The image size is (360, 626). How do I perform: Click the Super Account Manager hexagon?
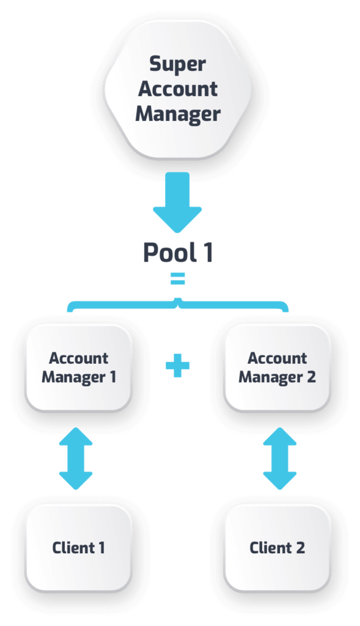(x=177, y=89)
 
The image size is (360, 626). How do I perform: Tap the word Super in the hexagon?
(x=178, y=64)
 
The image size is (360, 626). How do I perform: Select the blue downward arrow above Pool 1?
(x=177, y=202)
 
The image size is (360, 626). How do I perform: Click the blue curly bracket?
(x=177, y=304)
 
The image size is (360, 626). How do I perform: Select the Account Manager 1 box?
(x=78, y=367)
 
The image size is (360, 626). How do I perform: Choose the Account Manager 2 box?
(x=277, y=367)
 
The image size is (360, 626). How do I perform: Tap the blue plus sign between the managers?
(x=177, y=367)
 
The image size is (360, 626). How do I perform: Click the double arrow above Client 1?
(x=76, y=458)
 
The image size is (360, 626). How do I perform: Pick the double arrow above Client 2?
(x=279, y=458)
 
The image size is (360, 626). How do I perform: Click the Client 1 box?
(x=78, y=548)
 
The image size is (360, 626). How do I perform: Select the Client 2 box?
(x=277, y=548)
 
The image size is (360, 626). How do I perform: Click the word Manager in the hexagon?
(x=178, y=114)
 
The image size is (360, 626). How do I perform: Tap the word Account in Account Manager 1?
(x=78, y=358)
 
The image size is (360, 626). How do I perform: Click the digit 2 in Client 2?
(x=299, y=548)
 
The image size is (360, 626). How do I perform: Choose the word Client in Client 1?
(x=72, y=548)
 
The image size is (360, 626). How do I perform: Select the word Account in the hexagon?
(x=178, y=89)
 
